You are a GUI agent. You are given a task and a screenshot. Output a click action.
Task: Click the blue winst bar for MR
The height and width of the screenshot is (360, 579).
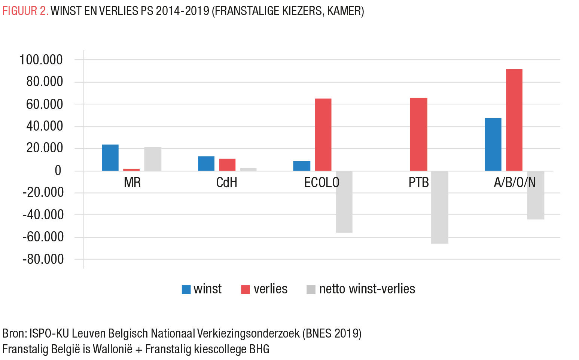click(x=110, y=158)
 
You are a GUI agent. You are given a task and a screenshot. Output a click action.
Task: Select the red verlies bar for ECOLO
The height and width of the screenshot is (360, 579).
click(x=323, y=135)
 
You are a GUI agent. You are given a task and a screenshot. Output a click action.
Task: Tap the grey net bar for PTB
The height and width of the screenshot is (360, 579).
click(x=439, y=207)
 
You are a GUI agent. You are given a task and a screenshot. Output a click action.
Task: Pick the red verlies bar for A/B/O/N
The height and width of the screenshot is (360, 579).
click(x=514, y=120)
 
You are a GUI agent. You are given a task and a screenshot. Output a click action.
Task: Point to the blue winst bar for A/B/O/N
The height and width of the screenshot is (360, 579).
click(x=493, y=144)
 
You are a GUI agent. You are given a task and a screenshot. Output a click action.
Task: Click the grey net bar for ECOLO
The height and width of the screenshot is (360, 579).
click(x=344, y=202)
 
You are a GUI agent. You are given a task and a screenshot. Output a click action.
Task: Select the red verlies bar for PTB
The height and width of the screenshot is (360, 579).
click(x=418, y=134)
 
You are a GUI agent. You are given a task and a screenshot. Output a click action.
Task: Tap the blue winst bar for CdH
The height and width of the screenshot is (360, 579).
click(x=206, y=164)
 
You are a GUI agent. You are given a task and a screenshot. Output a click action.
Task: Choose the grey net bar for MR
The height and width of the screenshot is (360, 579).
click(x=153, y=159)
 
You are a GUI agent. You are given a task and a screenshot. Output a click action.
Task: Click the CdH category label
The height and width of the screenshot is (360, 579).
click(x=227, y=183)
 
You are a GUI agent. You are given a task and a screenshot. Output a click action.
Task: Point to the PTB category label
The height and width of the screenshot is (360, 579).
click(x=418, y=183)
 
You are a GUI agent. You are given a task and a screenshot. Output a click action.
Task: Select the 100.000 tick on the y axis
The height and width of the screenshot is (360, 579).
click(x=41, y=60)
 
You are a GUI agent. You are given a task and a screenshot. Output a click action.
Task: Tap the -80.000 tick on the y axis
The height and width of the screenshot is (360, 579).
click(x=43, y=259)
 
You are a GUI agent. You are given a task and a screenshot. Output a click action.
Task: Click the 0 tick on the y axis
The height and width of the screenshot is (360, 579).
click(x=58, y=171)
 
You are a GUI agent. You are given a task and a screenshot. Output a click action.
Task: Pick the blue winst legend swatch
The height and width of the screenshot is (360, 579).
click(x=186, y=289)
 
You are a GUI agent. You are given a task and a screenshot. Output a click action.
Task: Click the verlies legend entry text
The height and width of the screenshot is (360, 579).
click(x=270, y=289)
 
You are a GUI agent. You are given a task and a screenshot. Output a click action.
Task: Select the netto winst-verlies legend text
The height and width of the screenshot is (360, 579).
click(x=367, y=289)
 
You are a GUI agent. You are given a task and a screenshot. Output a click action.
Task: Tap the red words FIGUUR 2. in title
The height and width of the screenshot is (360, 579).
click(x=25, y=11)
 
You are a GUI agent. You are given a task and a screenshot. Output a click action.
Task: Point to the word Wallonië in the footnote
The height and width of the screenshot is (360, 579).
click(x=112, y=349)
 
